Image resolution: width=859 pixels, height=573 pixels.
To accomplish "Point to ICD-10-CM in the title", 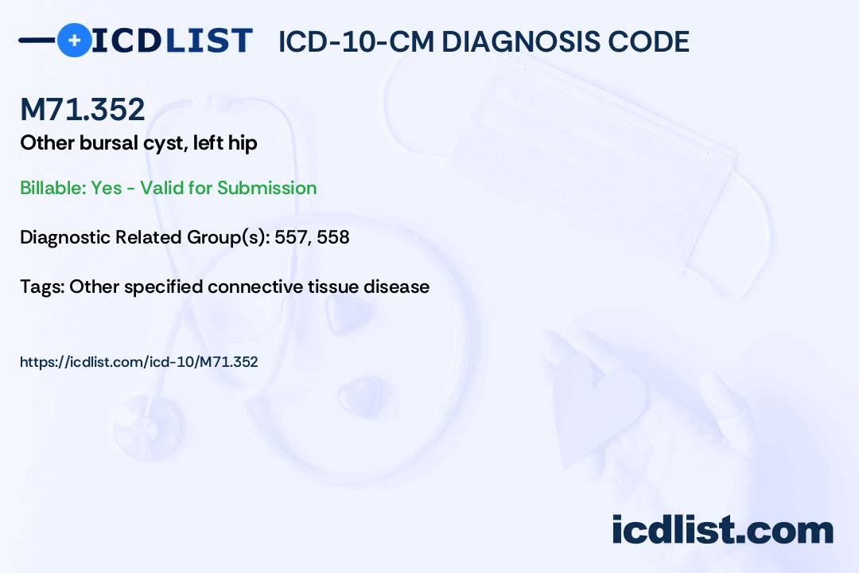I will click(356, 42).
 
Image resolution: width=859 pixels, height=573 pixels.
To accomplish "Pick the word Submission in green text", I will click(267, 188).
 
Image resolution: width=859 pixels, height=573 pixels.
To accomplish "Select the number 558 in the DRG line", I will click(333, 237).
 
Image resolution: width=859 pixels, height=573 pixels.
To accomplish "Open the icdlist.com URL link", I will click(139, 362).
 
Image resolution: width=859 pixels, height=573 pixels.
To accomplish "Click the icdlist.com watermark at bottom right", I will click(722, 530).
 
